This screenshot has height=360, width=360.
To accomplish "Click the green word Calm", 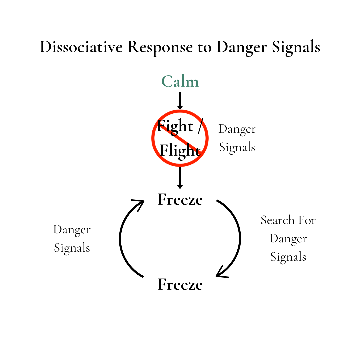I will tap(180, 82).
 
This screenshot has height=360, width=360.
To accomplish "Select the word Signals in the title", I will tap(296, 48).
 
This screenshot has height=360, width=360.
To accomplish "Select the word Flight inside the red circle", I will tap(180, 151).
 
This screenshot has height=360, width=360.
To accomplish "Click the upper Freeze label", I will tap(180, 200).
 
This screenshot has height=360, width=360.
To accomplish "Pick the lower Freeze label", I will tap(180, 285).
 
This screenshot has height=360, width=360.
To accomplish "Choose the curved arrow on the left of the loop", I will tap(122, 238).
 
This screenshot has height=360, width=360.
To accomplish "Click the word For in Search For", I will tap(307, 220).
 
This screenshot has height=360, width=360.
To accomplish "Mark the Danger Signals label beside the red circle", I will tap(237, 138).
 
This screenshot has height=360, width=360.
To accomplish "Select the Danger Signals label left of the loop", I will tap(72, 239).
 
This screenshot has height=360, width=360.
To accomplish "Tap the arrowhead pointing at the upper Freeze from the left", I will tap(139, 203).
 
